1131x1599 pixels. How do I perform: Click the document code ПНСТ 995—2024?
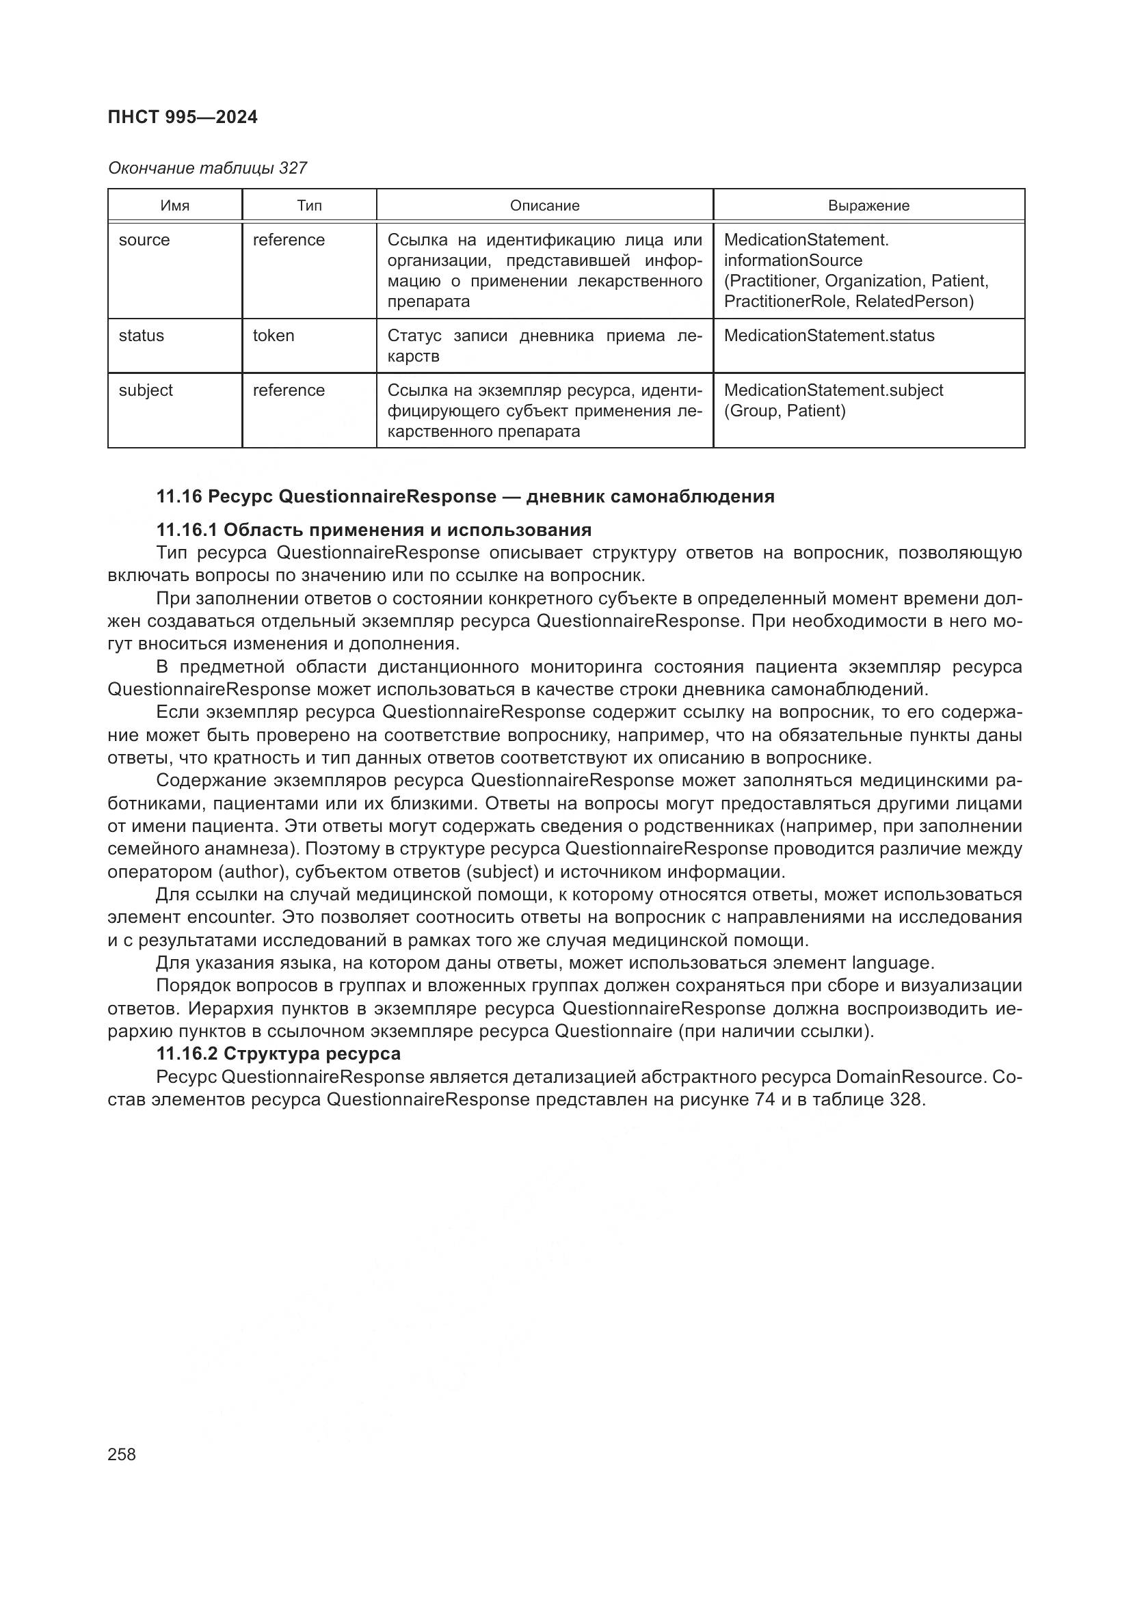tap(183, 117)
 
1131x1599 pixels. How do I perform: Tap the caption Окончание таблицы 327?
tap(207, 168)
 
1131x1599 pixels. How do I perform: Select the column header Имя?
tap(175, 206)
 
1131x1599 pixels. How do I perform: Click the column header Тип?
tap(309, 206)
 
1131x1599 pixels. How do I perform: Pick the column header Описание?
tap(544, 206)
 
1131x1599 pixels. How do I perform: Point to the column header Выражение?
tap(868, 206)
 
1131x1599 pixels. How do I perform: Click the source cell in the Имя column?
tap(144, 239)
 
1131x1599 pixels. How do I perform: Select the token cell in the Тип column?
tap(273, 336)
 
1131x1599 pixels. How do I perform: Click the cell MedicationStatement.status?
tap(829, 336)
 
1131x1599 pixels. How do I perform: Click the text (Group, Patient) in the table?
tap(784, 411)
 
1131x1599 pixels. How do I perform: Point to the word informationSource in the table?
tap(793, 260)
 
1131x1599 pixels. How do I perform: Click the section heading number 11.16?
tap(178, 496)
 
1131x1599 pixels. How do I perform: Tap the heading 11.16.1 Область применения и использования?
tap(373, 530)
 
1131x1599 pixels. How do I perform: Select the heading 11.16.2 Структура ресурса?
tap(278, 1053)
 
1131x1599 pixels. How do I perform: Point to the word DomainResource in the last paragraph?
tap(909, 1077)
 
